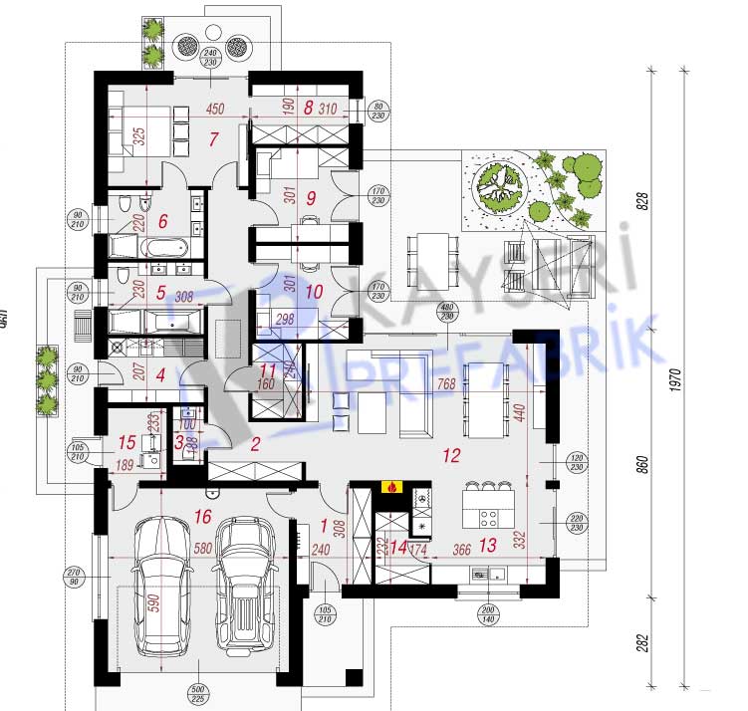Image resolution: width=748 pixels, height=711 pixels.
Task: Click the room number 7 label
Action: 213,138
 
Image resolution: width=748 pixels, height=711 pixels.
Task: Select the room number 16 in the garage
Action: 203,516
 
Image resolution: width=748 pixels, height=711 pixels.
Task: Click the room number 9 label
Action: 311,198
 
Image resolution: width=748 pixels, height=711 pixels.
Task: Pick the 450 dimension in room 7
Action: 215,110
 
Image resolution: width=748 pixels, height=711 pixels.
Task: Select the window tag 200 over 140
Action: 487,613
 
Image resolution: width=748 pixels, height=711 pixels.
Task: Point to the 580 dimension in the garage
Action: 202,548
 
